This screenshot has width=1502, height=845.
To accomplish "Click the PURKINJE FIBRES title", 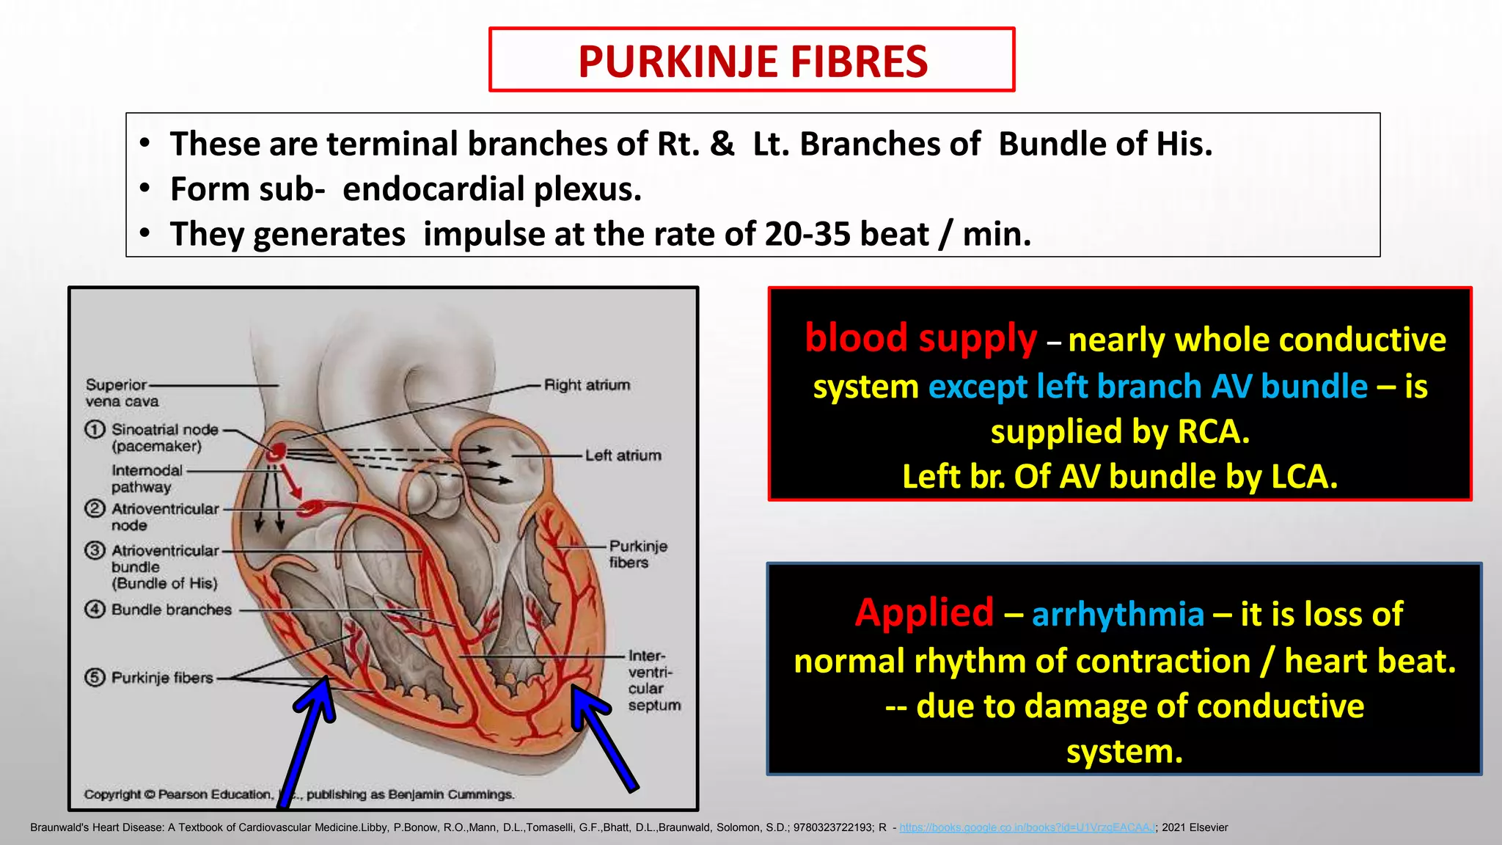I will (x=752, y=62).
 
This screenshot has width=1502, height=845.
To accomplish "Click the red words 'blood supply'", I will (x=920, y=338).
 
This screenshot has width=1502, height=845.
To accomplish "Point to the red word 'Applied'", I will (x=924, y=612).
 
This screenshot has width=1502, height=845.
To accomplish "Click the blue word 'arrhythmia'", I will (x=1118, y=615).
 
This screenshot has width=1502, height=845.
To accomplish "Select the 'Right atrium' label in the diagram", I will (x=587, y=385).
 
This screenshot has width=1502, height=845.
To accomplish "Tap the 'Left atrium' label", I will (x=623, y=456).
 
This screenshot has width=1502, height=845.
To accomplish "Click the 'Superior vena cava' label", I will (x=121, y=393).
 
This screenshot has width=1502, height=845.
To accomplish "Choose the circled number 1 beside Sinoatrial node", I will (x=95, y=430).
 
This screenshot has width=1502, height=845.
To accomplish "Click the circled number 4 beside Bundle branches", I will (x=95, y=610).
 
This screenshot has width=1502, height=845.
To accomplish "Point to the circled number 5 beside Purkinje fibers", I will (x=95, y=677).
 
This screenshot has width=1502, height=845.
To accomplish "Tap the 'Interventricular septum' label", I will (x=653, y=681).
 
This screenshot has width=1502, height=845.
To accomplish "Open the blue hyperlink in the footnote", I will (x=1027, y=827).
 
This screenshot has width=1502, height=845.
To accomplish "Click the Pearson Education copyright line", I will (x=299, y=794).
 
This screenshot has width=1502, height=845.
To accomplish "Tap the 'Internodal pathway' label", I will (x=145, y=479).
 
